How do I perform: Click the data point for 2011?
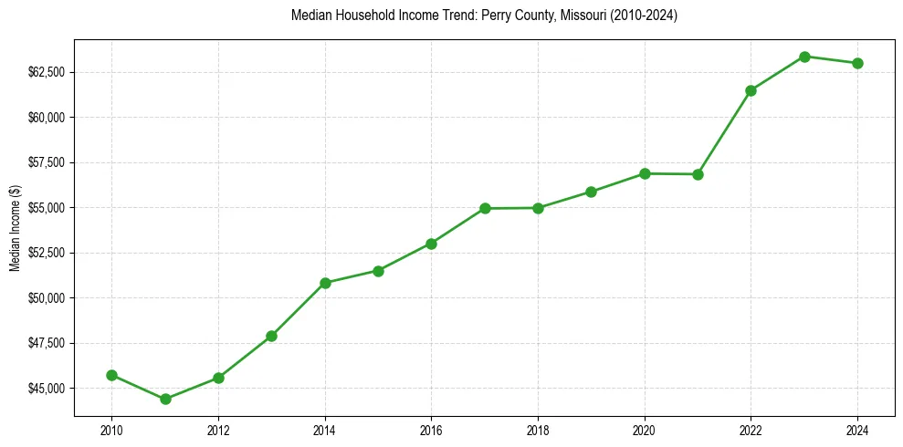[165, 399]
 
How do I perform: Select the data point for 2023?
[804, 57]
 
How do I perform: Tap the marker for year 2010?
[111, 375]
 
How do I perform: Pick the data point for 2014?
[325, 283]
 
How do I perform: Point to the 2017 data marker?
[485, 208]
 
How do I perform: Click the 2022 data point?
[751, 90]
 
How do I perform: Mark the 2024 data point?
[857, 63]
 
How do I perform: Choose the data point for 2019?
[591, 192]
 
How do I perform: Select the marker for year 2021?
[698, 174]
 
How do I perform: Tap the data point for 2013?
[271, 336]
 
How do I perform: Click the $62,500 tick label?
[46, 72]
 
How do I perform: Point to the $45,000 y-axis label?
[46, 389]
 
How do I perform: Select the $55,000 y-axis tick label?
[46, 208]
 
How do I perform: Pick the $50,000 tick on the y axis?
[46, 298]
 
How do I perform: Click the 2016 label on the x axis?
[431, 430]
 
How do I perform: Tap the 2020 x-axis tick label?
[645, 430]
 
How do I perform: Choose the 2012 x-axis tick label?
[218, 430]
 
